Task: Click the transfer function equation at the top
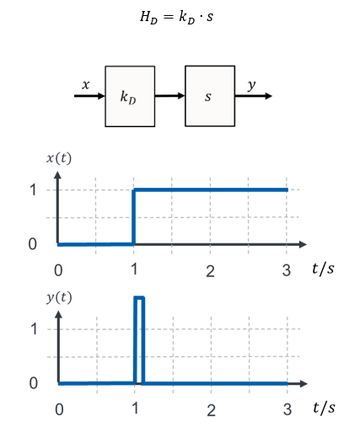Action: pos(176,17)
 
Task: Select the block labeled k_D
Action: pos(130,96)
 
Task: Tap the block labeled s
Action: pos(210,96)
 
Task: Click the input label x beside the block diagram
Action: pos(86,84)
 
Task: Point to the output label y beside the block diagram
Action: pos(252,85)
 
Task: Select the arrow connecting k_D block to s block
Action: pos(169,96)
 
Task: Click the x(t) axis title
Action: pos(59,158)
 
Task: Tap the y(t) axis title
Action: pos(59,297)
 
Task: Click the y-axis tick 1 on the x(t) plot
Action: pos(33,189)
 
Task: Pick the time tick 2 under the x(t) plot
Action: pos(210,271)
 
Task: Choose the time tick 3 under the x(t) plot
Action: pos(287,270)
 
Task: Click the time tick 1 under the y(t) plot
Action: pos(135,408)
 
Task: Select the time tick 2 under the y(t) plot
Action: pos(212,410)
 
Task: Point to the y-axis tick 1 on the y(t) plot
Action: pos(34,328)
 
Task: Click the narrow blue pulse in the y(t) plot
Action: pos(139,297)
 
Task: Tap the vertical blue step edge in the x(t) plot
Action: pos(134,217)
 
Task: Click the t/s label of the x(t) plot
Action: pos(323,269)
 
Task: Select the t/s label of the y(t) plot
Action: pos(324,408)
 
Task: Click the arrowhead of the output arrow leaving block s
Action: pos(268,96)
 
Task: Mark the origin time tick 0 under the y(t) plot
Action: pos(59,409)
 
